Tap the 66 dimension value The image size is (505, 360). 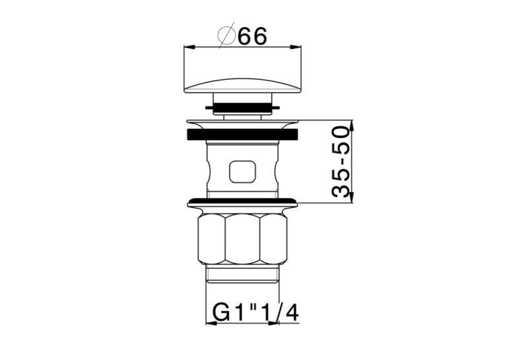click(x=253, y=36)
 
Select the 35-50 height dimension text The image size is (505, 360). click(x=341, y=162)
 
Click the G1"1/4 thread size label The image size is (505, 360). click(x=255, y=312)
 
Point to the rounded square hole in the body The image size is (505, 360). click(x=242, y=171)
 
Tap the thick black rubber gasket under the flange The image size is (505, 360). click(x=242, y=135)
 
